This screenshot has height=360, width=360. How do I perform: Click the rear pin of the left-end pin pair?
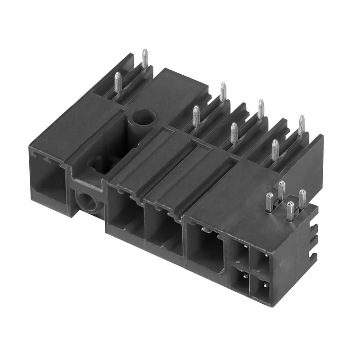(x=144, y=58)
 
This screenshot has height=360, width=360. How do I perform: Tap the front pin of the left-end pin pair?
(x=117, y=82)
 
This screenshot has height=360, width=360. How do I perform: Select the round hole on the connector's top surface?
(x=143, y=118)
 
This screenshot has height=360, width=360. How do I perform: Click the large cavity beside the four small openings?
(x=205, y=247)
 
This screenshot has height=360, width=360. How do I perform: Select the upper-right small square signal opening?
(x=260, y=261)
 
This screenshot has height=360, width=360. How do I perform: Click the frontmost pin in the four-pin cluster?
(x=290, y=210)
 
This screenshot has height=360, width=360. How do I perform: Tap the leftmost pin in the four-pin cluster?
(x=269, y=202)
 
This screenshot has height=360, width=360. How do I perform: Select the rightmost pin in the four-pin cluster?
(x=302, y=198)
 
